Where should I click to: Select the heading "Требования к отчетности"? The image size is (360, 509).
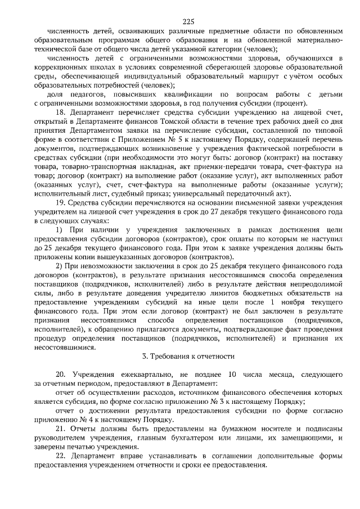[187, 357]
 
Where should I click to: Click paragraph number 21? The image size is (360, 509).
[61, 429]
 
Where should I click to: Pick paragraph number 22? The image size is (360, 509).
[61, 456]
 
